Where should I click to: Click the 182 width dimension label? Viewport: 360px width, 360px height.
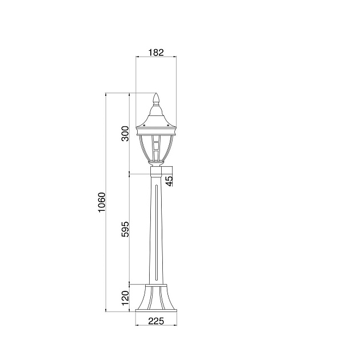pyautogui.click(x=156, y=53)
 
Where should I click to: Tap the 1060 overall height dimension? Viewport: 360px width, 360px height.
pyautogui.click(x=101, y=202)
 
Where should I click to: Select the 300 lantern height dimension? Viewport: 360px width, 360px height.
pyautogui.click(x=125, y=133)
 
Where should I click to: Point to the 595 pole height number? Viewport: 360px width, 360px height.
pyautogui.click(x=125, y=229)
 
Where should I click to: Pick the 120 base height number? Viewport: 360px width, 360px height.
pyautogui.click(x=125, y=298)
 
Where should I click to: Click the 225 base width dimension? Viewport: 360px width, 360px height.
pyautogui.click(x=156, y=321)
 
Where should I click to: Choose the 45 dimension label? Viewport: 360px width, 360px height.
pyautogui.click(x=169, y=181)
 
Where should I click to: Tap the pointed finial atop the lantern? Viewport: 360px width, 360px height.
pyautogui.click(x=156, y=98)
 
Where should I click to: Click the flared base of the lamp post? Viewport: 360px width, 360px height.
pyautogui.click(x=156, y=298)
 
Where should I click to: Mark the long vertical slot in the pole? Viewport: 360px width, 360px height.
pyautogui.click(x=157, y=232)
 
